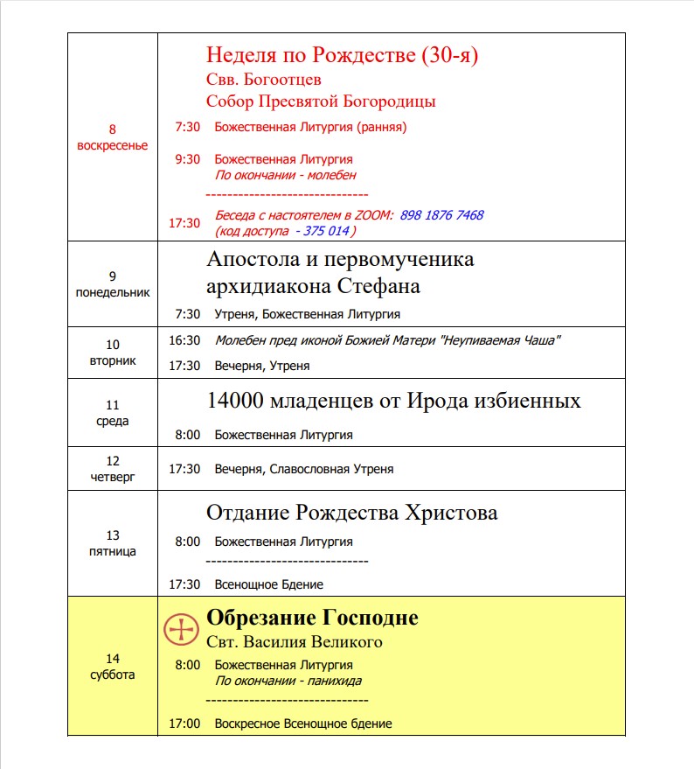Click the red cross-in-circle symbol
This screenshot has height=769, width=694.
coord(182,629)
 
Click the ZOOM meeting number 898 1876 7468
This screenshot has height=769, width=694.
coord(441,215)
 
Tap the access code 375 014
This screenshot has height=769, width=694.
coord(326,231)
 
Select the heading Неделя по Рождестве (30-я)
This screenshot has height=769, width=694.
coord(342,55)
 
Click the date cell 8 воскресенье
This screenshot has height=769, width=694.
coord(113,137)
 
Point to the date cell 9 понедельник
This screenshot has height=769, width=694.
coord(113,285)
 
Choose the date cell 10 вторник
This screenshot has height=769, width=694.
coord(113,353)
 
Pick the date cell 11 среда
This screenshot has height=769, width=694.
coord(113,413)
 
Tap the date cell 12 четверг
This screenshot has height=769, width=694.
coord(113,468)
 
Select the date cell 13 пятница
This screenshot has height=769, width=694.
coord(113,543)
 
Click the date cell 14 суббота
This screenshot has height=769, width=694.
coord(113,666)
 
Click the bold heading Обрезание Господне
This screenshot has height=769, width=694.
coord(312,619)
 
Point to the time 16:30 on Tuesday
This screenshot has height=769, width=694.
coord(184,340)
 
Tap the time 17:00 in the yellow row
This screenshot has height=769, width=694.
coord(184,724)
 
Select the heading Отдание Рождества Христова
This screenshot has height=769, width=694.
coord(351,513)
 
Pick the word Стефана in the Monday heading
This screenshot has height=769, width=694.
coord(379,286)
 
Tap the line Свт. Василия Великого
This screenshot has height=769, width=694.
coord(295,643)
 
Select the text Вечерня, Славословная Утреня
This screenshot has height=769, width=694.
coord(304,469)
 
